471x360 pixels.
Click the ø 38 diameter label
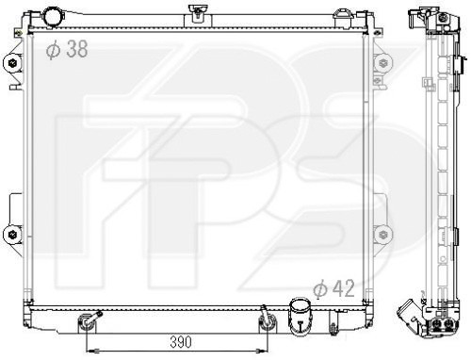(67, 49)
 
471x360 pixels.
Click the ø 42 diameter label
(333, 288)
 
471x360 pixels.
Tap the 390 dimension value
(181, 342)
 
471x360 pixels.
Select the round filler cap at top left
(52, 17)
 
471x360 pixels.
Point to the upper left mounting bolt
(12, 63)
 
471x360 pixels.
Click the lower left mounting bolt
(12, 234)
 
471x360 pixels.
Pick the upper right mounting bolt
(383, 63)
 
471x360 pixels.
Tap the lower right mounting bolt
(383, 234)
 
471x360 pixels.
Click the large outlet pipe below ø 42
(300, 316)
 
